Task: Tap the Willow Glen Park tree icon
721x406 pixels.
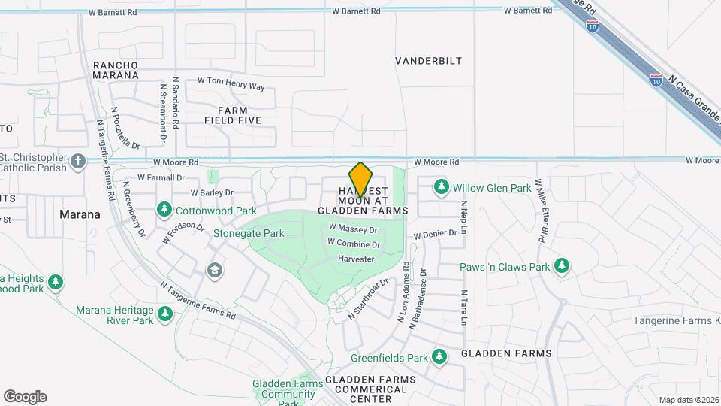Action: pyautogui.click(x=442, y=186)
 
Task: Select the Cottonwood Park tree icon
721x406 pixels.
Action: pyautogui.click(x=164, y=208)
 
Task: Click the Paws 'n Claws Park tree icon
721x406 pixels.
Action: pyautogui.click(x=561, y=265)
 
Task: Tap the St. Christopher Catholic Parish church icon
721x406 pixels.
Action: pyautogui.click(x=78, y=161)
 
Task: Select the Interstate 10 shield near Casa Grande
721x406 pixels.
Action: pyautogui.click(x=656, y=78)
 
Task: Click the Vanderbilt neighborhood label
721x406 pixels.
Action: pyautogui.click(x=429, y=61)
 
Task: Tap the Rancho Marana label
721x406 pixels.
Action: pyautogui.click(x=116, y=70)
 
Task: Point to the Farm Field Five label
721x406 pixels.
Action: pyautogui.click(x=233, y=114)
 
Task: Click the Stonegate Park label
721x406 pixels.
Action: pyautogui.click(x=249, y=233)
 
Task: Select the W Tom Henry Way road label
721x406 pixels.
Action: pyautogui.click(x=231, y=83)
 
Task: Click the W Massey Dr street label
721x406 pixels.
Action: pyautogui.click(x=351, y=227)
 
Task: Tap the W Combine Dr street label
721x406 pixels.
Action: pyautogui.click(x=353, y=244)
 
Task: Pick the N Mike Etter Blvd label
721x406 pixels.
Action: pyautogui.click(x=539, y=211)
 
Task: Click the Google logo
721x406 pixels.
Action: pyautogui.click(x=25, y=397)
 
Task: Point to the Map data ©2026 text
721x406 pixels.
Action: pyautogui.click(x=689, y=400)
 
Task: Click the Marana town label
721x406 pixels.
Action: pyautogui.click(x=80, y=214)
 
